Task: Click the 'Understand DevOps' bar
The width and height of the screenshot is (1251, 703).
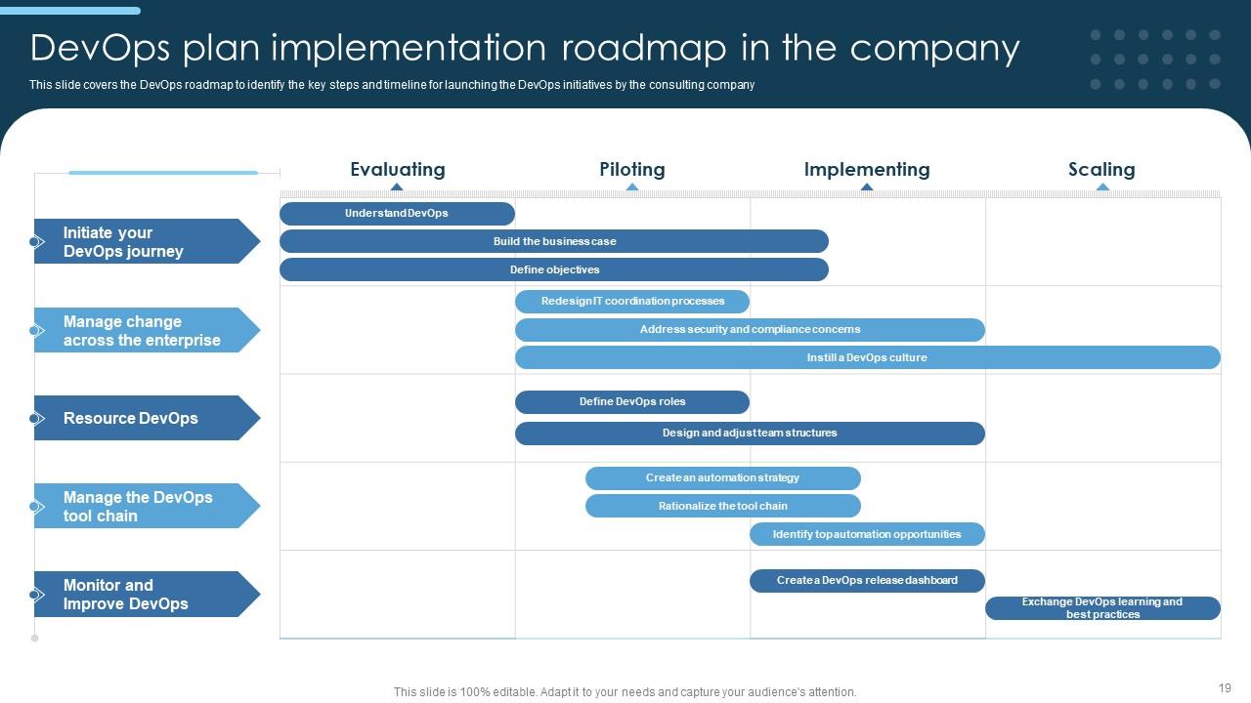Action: tap(397, 213)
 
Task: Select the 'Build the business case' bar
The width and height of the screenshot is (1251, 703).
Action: tap(554, 241)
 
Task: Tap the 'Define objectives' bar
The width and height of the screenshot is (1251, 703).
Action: tap(554, 269)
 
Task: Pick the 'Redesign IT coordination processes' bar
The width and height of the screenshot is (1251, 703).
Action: tap(632, 301)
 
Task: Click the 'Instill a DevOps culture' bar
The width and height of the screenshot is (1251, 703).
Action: tap(867, 357)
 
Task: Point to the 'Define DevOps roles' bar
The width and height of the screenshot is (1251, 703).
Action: tap(632, 401)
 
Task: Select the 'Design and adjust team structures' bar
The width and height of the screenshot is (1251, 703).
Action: tap(750, 433)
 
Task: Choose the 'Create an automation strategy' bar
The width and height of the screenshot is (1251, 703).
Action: tap(722, 477)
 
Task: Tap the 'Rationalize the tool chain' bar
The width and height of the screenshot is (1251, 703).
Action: tap(722, 506)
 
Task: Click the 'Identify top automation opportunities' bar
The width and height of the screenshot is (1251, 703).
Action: tap(867, 534)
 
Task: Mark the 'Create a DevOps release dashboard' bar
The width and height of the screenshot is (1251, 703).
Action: tap(867, 580)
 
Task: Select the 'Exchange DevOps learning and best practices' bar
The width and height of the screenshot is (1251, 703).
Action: tap(1102, 608)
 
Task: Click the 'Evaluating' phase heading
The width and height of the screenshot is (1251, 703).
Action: tap(397, 169)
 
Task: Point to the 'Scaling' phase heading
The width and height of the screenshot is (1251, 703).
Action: tap(1101, 169)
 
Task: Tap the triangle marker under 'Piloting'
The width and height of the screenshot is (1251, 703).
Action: tap(632, 186)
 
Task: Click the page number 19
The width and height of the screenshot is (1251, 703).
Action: tap(1225, 687)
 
